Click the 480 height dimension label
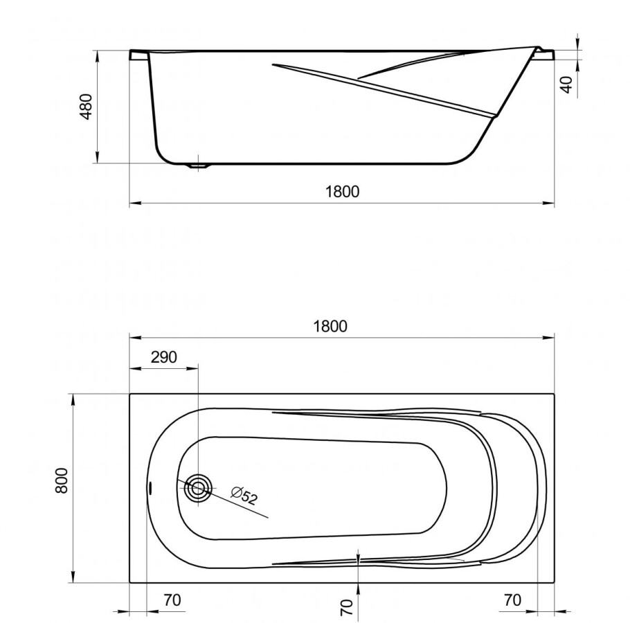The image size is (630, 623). [86, 107]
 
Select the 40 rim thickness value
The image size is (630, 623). [566, 85]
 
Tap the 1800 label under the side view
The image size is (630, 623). [342, 192]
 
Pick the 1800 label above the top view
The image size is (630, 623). [330, 326]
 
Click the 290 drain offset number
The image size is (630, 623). [163, 357]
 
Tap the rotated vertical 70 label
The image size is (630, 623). [348, 607]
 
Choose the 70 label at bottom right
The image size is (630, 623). [512, 600]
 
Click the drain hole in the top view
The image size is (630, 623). [198, 488]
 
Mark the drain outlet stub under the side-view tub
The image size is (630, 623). [199, 166]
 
